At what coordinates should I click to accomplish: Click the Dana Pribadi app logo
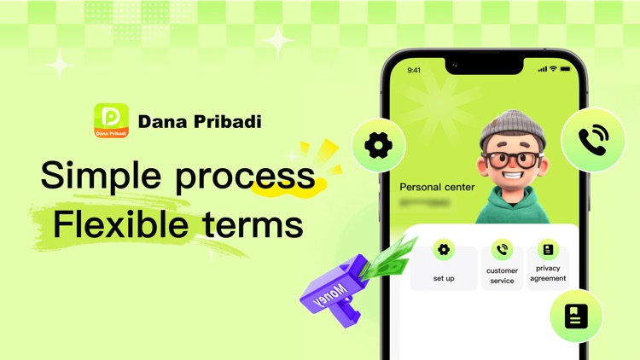[111, 120]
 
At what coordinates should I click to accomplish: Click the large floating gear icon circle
[377, 145]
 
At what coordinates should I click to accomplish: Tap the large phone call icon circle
[593, 140]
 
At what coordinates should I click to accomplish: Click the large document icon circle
[576, 316]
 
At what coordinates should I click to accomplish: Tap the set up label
[444, 278]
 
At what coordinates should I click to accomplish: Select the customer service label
[502, 276]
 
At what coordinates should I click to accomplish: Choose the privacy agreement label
[547, 273]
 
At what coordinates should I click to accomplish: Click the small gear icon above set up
[444, 250]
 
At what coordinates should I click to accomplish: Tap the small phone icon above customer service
[502, 250]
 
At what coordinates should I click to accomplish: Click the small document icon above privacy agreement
[547, 250]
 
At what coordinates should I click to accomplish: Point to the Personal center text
[437, 186]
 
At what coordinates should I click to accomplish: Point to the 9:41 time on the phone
[415, 70]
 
